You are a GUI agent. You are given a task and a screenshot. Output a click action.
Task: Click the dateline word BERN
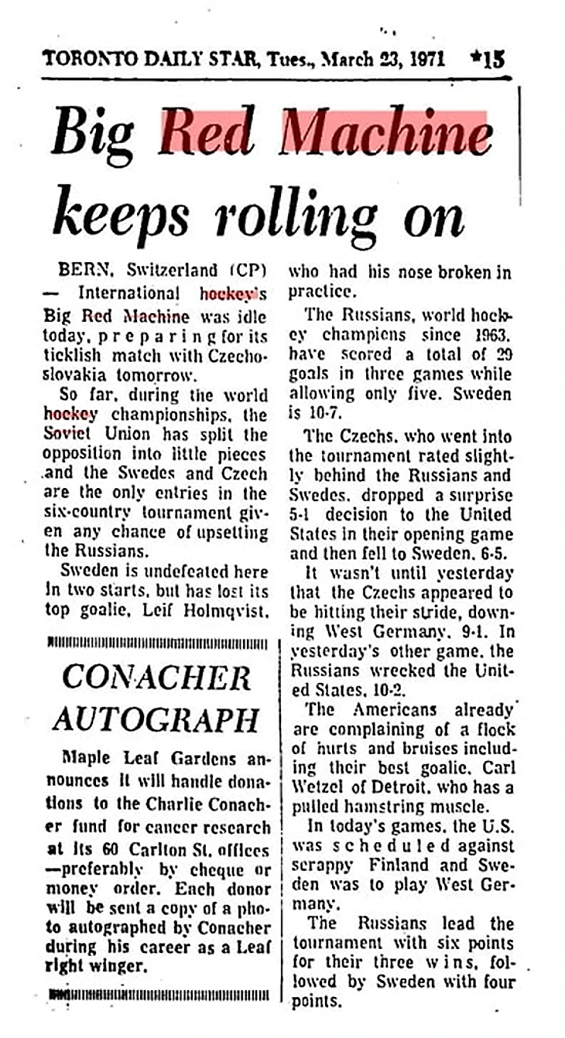point(87,271)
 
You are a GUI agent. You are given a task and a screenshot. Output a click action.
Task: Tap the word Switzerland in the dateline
point(173,271)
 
